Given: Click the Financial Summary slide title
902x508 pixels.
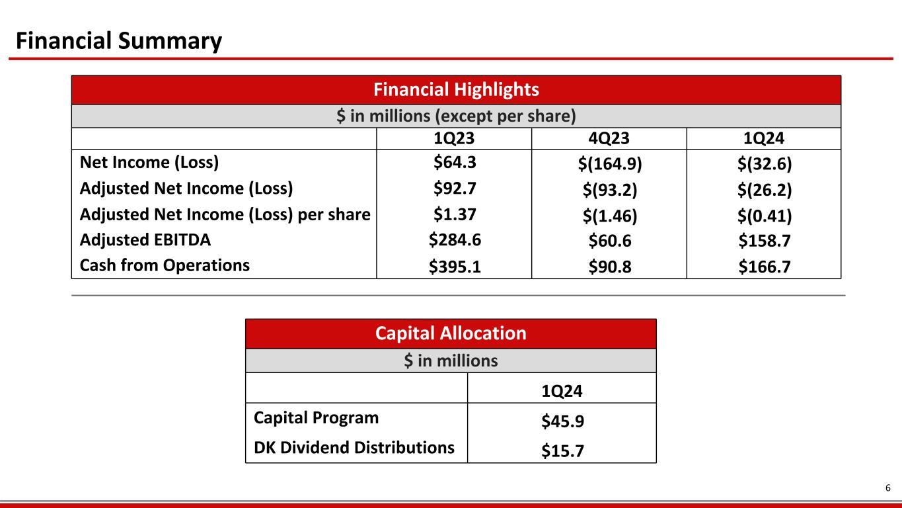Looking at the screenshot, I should click(119, 42).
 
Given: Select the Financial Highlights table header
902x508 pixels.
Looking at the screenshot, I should click(456, 89).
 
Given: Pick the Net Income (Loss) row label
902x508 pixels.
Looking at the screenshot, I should click(149, 163).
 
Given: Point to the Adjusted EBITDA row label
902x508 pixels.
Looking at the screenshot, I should click(145, 240).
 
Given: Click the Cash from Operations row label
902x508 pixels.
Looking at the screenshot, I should click(165, 265).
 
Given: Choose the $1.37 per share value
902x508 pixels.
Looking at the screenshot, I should click(453, 214).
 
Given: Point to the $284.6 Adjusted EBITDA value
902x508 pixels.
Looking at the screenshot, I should click(453, 240).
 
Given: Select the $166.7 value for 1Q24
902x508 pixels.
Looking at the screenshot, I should click(765, 268).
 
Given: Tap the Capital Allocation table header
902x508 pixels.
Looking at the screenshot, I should click(451, 333).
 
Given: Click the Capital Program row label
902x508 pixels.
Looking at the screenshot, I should click(317, 418).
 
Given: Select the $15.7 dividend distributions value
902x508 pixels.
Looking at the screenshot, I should click(562, 450).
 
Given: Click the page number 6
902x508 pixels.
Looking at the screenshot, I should click(888, 488).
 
